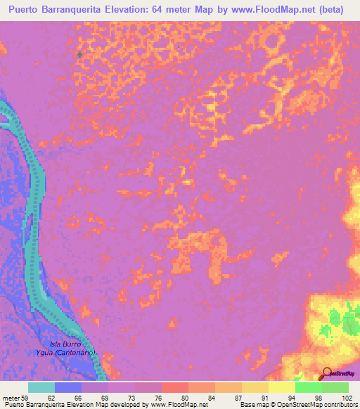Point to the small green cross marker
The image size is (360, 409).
(79, 54)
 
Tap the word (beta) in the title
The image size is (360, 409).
(329, 10)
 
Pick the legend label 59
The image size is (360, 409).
(24, 397)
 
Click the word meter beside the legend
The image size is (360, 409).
(10, 397)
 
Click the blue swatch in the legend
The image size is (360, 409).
(68, 387)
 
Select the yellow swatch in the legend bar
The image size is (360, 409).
(281, 387)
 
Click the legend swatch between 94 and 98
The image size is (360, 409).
(308, 387)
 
